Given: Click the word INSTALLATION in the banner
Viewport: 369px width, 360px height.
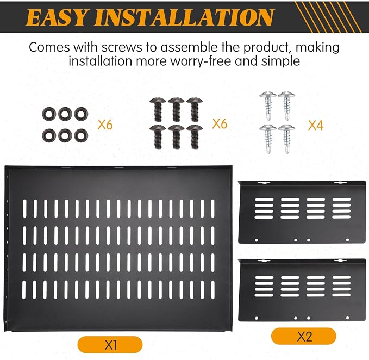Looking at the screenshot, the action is click(x=184, y=17).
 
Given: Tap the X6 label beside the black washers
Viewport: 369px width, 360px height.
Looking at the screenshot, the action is click(x=105, y=124).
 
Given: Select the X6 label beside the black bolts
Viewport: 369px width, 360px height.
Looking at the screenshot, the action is click(x=220, y=123).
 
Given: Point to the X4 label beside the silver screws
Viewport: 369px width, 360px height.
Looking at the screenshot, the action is click(x=316, y=125).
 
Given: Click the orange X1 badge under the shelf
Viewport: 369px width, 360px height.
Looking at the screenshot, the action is click(x=110, y=345).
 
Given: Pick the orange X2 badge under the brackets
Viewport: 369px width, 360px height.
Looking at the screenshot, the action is click(x=304, y=336).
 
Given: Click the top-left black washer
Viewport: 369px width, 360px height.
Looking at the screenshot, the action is click(x=49, y=114).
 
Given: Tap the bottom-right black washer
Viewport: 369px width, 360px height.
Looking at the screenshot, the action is click(x=81, y=135).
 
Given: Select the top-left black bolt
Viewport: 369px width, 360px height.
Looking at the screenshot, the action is click(x=157, y=109).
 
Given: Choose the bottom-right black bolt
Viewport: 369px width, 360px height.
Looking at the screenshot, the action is click(x=195, y=137).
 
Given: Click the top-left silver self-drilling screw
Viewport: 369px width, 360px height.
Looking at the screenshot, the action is click(x=268, y=105).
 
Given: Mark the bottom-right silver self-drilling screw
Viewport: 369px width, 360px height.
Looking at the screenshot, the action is click(x=286, y=139).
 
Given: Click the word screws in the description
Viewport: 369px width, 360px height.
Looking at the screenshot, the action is click(x=122, y=47).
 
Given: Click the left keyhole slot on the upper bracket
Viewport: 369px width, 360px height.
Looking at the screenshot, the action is click(x=264, y=183).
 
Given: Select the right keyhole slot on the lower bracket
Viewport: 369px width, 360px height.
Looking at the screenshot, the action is click(x=340, y=260).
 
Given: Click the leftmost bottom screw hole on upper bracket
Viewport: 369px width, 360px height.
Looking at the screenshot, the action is click(x=257, y=240).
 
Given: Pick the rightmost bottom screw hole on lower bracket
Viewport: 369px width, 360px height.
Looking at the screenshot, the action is click(x=348, y=318).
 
